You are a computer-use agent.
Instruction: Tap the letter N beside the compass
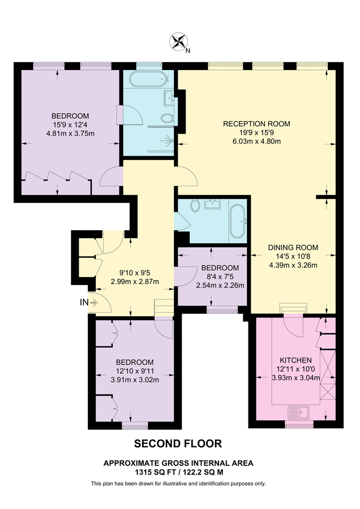click(188, 50)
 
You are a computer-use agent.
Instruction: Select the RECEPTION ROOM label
click(256, 124)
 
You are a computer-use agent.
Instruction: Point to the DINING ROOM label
click(293, 247)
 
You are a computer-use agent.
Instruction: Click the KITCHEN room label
click(295, 360)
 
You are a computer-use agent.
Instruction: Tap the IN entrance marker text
click(84, 303)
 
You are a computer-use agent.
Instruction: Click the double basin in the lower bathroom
click(214, 203)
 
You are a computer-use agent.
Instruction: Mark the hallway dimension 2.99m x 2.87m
click(134, 282)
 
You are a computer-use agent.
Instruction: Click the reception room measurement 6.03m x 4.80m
click(256, 141)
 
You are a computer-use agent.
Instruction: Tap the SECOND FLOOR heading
click(178, 443)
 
